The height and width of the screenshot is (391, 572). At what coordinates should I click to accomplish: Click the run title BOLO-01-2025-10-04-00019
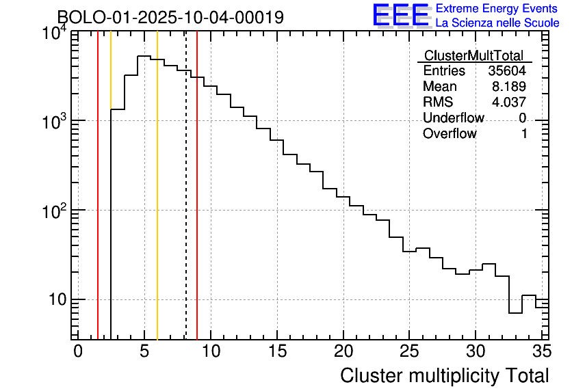click(170, 17)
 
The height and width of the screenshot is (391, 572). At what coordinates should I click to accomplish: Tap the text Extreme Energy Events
click(497, 8)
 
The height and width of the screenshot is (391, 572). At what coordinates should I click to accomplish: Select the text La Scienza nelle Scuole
click(497, 23)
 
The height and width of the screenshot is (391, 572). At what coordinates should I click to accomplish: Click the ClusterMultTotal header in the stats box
click(473, 55)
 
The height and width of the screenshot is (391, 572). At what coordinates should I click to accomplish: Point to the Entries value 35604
click(507, 71)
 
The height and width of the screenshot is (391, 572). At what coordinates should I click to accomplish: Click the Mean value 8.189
click(509, 87)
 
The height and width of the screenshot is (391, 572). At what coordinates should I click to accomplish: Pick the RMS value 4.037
click(509, 103)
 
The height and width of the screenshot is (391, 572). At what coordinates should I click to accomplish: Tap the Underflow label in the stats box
click(453, 118)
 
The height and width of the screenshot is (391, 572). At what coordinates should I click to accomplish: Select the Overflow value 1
click(524, 134)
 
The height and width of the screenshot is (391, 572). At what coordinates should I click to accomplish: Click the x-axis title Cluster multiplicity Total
click(444, 375)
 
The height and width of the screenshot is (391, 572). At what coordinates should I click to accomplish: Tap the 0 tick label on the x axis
click(78, 351)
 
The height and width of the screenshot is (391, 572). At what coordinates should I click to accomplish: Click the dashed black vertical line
click(186, 205)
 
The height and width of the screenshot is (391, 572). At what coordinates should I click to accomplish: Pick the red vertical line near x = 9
click(197, 205)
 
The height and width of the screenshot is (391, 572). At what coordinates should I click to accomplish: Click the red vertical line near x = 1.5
click(98, 205)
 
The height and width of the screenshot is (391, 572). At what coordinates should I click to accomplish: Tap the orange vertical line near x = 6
click(157, 205)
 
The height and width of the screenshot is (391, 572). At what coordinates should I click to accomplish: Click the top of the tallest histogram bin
click(144, 56)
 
